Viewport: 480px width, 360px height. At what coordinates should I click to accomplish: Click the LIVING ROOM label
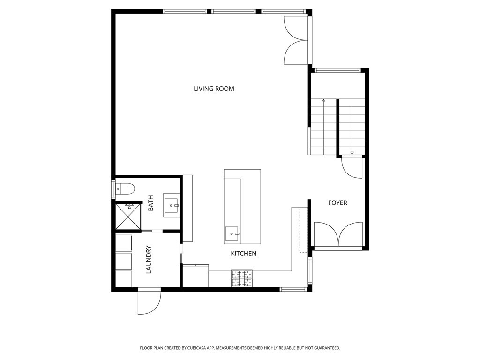[x=214, y=89]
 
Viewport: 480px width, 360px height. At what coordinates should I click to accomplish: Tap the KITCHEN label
[x=243, y=254]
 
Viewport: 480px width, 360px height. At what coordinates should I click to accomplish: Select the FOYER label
[x=337, y=202]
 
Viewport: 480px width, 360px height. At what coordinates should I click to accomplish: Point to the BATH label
[x=150, y=203]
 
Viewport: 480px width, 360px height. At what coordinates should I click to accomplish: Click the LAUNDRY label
[x=149, y=259]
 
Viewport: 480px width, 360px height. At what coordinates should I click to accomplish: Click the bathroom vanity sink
[x=171, y=205]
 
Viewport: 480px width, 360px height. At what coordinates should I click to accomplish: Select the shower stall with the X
[x=128, y=217]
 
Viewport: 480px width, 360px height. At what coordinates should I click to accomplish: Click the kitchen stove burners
[x=242, y=278]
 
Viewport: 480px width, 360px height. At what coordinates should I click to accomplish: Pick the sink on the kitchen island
[x=232, y=234]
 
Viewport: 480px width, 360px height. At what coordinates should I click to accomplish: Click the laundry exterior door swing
[x=150, y=301]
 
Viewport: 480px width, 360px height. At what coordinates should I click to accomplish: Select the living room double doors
[x=296, y=40]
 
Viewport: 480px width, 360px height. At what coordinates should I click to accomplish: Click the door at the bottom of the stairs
[x=352, y=167]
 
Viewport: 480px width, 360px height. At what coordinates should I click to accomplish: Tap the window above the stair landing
[x=337, y=71]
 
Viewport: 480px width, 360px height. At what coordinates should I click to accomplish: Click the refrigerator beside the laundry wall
[x=195, y=276]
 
